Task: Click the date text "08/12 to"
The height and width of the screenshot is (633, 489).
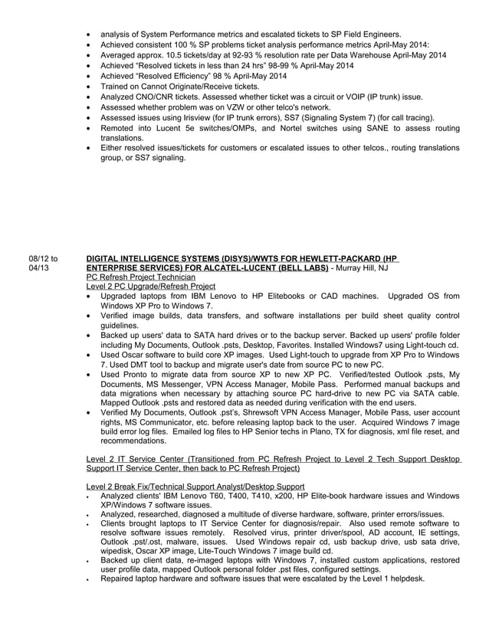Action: (x=42, y=259)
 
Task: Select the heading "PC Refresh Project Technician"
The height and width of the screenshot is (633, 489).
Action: (x=141, y=277)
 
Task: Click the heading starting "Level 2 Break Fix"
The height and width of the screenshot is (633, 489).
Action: (x=195, y=487)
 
